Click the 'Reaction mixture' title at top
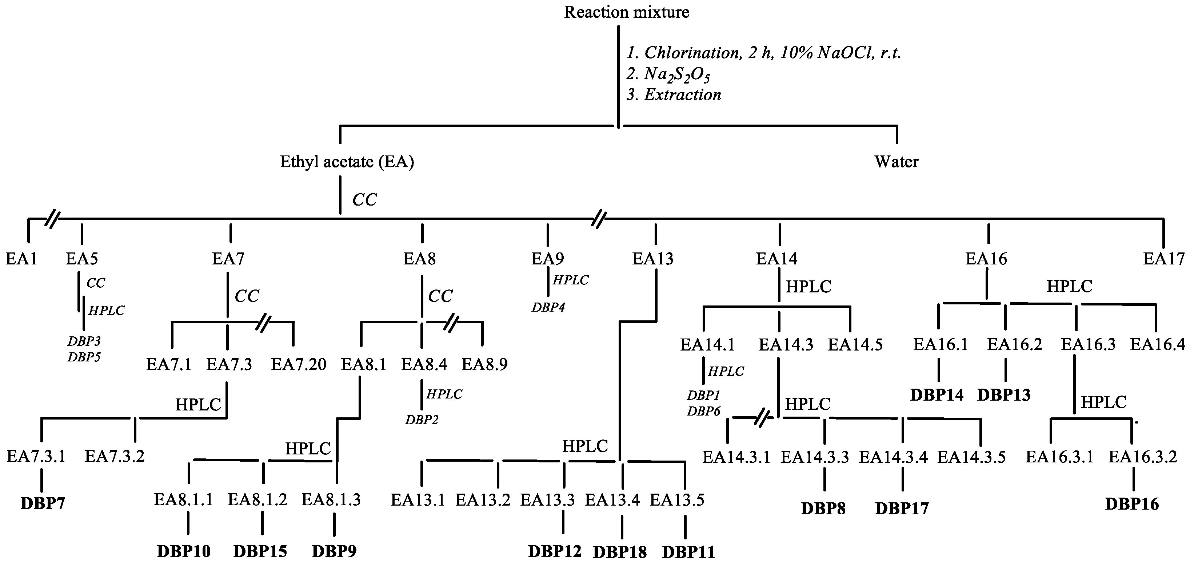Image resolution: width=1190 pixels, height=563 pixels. point(626,12)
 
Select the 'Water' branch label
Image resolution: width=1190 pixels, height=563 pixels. point(896,162)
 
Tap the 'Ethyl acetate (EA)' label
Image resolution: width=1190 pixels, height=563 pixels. point(347,162)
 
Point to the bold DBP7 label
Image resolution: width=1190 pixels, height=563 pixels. point(43,503)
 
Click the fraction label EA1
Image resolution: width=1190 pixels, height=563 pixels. point(21,258)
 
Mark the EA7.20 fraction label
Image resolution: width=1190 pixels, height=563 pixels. point(299,365)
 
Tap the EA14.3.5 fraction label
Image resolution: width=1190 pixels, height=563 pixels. point(971,457)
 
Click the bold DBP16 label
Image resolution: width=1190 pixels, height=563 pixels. point(1132,504)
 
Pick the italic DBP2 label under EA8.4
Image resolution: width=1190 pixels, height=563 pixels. point(421,420)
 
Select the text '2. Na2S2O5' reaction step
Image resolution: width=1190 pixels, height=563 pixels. point(668,75)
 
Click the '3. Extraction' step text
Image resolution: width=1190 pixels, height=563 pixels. point(674,94)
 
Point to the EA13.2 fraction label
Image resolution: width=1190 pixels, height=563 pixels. point(483,500)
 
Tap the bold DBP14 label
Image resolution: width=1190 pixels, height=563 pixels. point(937,395)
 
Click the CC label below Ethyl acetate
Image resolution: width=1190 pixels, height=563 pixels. point(364,199)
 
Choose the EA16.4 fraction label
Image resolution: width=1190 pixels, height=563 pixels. point(1157,344)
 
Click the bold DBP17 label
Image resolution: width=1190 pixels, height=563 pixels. point(901,508)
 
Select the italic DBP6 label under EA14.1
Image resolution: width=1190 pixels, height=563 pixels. point(703,411)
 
